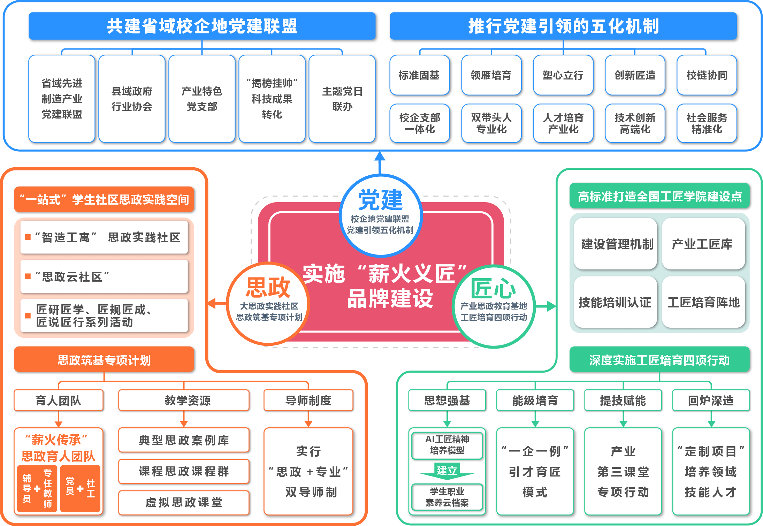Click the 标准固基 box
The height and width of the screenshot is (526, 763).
point(419,75)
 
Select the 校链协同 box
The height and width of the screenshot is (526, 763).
point(707,75)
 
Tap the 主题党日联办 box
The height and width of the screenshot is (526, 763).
point(342,99)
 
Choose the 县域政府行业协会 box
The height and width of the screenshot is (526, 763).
point(132,99)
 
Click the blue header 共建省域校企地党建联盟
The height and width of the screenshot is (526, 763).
point(202,26)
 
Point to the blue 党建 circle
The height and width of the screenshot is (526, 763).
point(380,214)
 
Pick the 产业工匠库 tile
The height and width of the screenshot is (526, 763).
point(703,244)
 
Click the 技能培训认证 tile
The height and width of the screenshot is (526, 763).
point(615,302)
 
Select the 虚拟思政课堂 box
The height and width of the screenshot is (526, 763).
point(184,502)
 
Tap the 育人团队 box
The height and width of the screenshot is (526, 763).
point(59,400)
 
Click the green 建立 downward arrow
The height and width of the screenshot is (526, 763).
point(447,471)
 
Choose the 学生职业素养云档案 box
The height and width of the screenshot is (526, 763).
point(447,497)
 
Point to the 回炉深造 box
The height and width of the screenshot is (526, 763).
point(711,400)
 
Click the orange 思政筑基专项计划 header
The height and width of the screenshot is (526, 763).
point(104,360)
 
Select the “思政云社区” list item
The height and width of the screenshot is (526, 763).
point(104,277)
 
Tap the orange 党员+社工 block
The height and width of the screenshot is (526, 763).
point(80,488)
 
